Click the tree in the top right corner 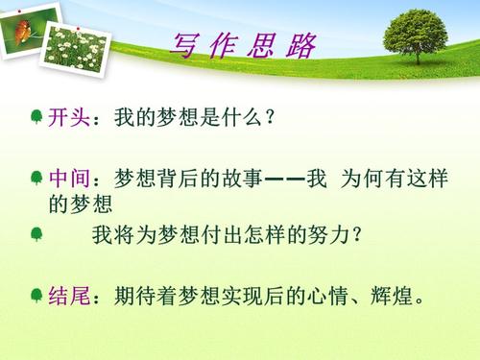pyautogui.click(x=415, y=36)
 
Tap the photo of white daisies pyautogui.click(x=76, y=43)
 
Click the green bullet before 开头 pyautogui.click(x=36, y=117)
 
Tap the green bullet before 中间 pyautogui.click(x=36, y=179)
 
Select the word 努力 pyautogui.click(x=327, y=234)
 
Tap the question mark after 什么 pyautogui.click(x=273, y=118)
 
